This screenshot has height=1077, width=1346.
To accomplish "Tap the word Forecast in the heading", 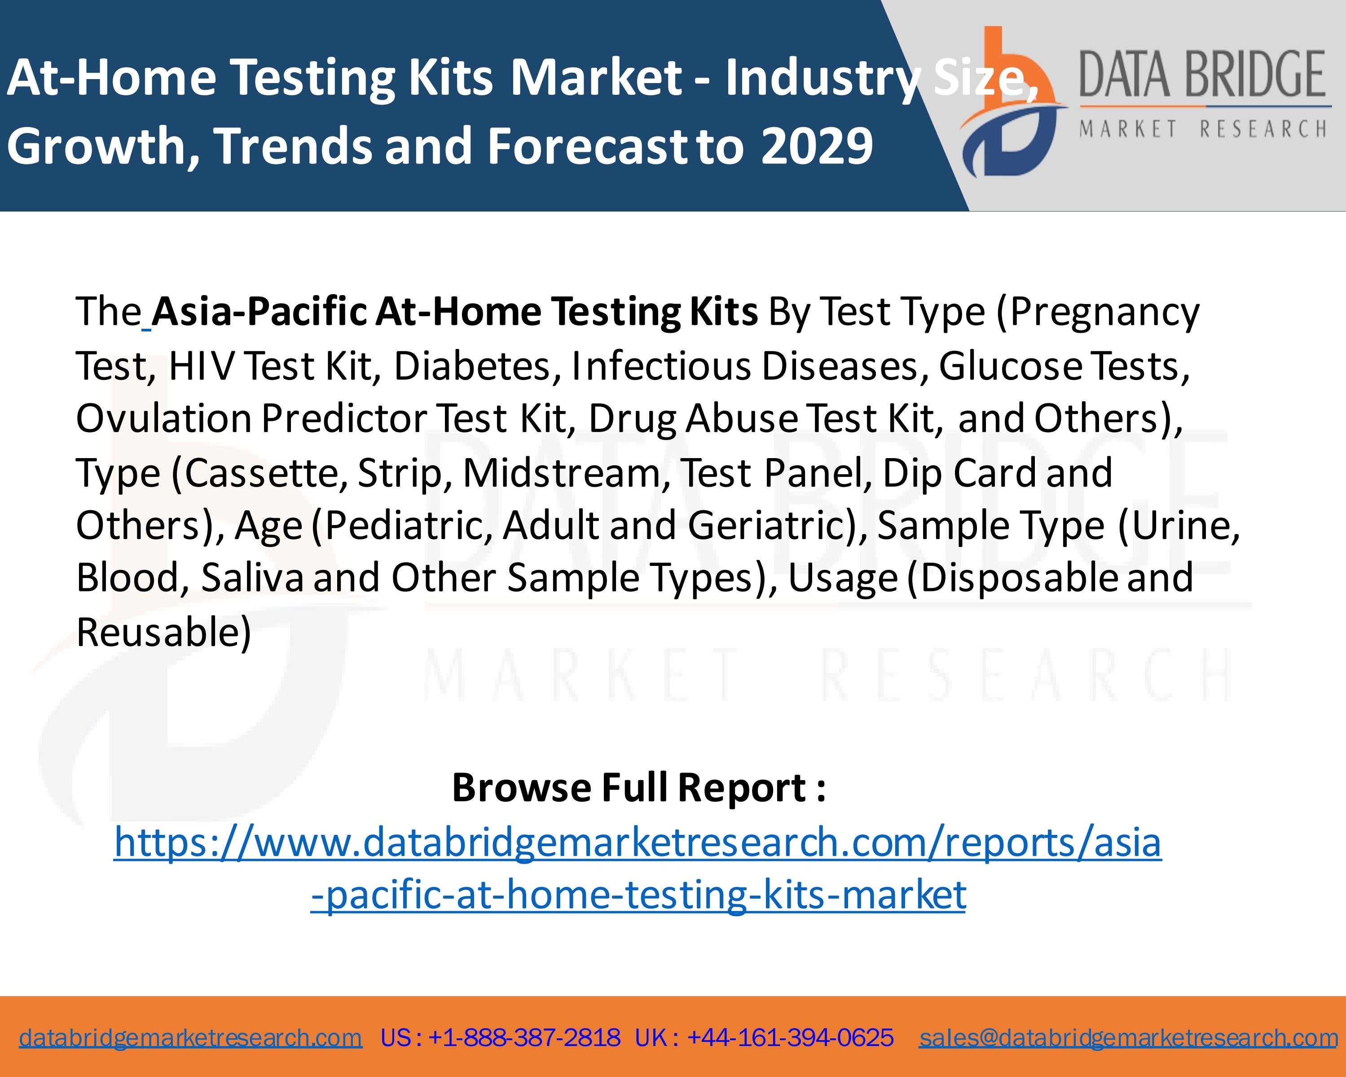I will (x=588, y=146).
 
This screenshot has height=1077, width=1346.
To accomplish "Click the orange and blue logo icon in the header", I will (x=1012, y=103).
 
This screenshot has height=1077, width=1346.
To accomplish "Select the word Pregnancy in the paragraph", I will (x=1104, y=312).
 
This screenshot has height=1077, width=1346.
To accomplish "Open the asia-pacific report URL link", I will (x=638, y=868).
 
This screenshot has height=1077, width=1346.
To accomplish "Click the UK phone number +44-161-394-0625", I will (x=790, y=1037).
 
